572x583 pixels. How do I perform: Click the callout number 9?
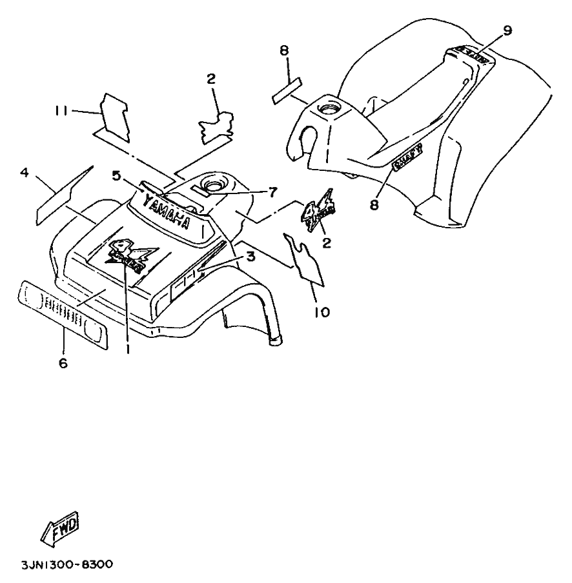[507, 30]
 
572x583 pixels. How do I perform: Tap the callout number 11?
[62, 111]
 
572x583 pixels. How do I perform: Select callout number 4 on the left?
[25, 172]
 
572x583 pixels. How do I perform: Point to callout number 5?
[117, 175]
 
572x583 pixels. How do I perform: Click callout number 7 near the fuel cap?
[272, 192]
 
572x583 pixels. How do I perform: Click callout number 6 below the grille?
[63, 363]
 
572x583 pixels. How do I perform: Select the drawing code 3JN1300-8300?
[57, 565]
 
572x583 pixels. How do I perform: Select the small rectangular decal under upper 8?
[287, 90]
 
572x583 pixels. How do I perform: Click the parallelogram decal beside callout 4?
[65, 192]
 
